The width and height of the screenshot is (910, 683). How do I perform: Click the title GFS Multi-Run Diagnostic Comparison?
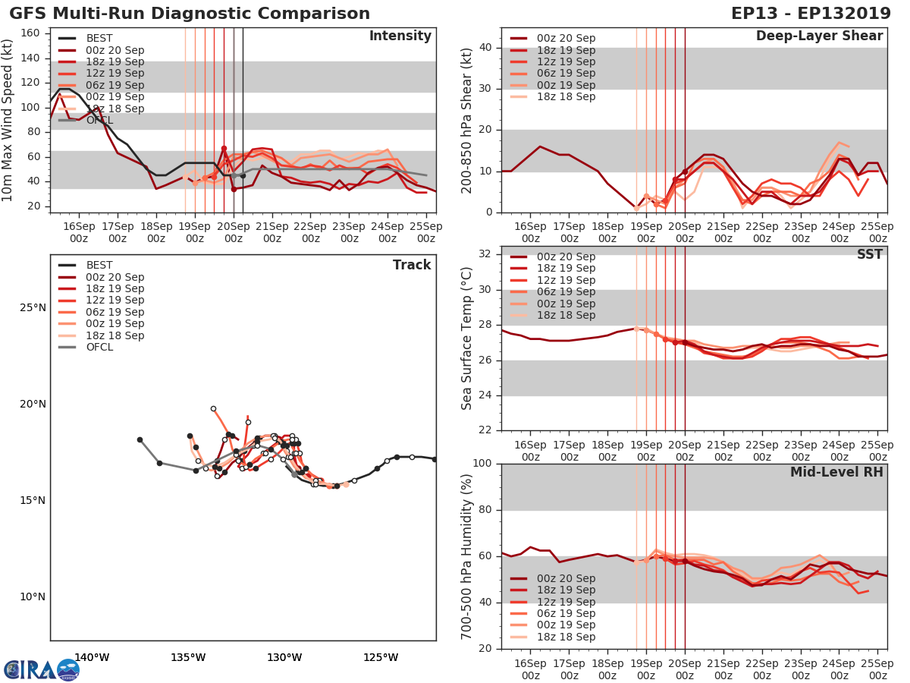pos(190,14)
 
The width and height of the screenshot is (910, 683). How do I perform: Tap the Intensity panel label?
pos(400,36)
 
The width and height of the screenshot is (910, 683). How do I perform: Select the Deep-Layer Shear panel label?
pos(819,36)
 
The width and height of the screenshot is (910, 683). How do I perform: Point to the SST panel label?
pos(869,254)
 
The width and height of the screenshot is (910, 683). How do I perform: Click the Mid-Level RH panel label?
pos(836,472)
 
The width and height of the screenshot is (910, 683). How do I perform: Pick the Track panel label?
pos(412,265)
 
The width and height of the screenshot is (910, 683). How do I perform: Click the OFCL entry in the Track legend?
pos(99,347)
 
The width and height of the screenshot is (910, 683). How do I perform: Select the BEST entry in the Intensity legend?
pos(99,38)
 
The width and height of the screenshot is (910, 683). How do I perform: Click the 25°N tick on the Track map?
pos(33,307)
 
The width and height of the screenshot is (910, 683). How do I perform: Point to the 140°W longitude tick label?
pos(92,657)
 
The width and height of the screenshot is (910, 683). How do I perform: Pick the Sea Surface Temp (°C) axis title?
pos(467,338)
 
